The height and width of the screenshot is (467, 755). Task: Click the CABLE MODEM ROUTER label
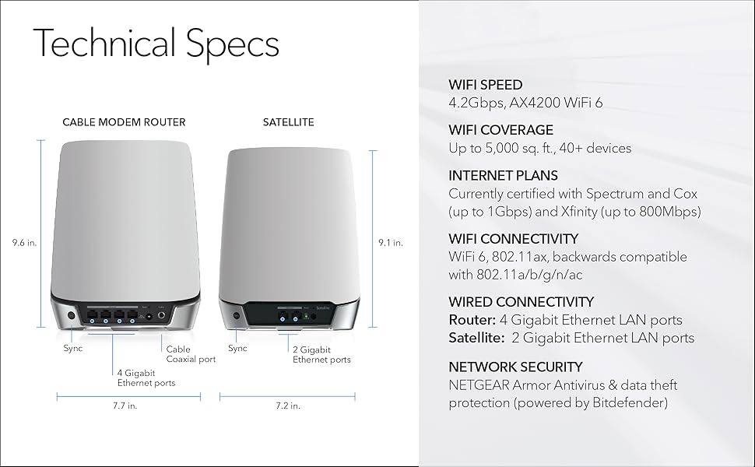click(x=124, y=122)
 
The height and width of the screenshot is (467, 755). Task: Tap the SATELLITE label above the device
click(x=288, y=122)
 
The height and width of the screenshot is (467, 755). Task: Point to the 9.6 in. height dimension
click(x=24, y=243)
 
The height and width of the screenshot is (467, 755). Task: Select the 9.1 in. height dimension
click(x=390, y=243)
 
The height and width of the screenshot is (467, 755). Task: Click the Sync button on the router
click(x=72, y=316)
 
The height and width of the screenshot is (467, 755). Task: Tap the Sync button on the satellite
click(x=236, y=316)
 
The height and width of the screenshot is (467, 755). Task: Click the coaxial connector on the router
click(x=161, y=316)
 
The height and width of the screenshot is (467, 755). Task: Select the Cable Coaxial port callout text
click(x=191, y=354)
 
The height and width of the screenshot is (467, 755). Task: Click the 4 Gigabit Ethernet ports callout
click(x=146, y=377)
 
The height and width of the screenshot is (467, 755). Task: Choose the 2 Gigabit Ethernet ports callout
click(x=321, y=354)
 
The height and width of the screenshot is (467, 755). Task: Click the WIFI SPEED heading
click(x=486, y=85)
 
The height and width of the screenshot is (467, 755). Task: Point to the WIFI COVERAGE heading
click(x=501, y=130)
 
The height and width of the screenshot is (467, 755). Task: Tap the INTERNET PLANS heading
click(x=504, y=176)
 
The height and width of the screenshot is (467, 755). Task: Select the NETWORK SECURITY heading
click(x=515, y=367)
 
